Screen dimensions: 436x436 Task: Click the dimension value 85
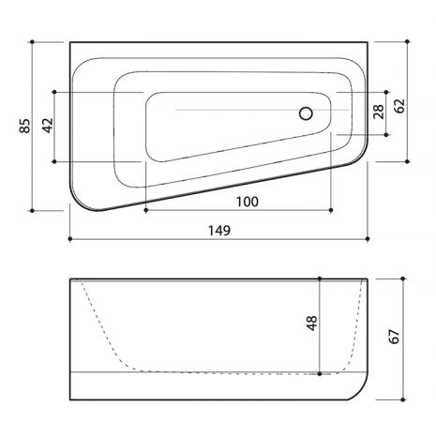click(25, 126)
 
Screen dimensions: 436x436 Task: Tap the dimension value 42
click(48, 126)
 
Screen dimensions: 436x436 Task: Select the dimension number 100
click(247, 202)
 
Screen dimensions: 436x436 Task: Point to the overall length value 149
click(219, 231)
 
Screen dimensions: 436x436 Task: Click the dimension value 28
click(379, 112)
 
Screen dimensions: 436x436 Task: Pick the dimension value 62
click(399, 106)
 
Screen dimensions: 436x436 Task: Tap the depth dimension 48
click(312, 323)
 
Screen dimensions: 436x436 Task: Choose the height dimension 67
click(395, 337)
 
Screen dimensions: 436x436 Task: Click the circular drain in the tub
click(306, 113)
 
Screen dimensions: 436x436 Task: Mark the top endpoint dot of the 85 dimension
click(32, 41)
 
